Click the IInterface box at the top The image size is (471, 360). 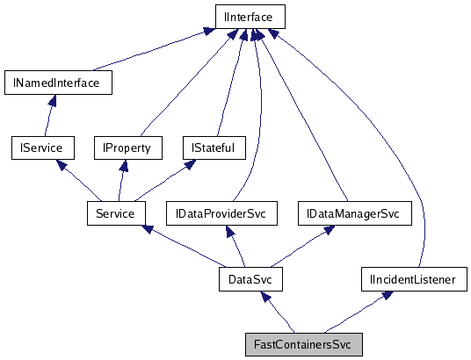click(x=250, y=17)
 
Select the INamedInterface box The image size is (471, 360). click(x=58, y=83)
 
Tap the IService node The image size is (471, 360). click(x=41, y=148)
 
